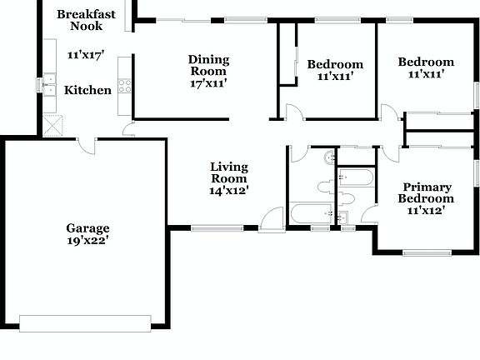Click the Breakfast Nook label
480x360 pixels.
pyautogui.click(x=86, y=20)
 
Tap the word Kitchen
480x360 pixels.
pyautogui.click(x=87, y=90)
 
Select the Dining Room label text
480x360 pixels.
pyautogui.click(x=208, y=65)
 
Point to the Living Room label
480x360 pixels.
pyautogui.click(x=228, y=172)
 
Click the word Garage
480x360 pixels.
pyautogui.click(x=87, y=227)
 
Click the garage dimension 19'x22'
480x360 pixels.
pyautogui.click(x=87, y=240)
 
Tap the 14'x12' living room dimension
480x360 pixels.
pyautogui.click(x=228, y=190)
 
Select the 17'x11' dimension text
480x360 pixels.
pyautogui.click(x=208, y=82)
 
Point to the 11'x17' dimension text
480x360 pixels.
pyautogui.click(x=85, y=55)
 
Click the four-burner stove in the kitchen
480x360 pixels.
pyautogui.click(x=124, y=84)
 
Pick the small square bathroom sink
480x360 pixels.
pyautogui.click(x=341, y=217)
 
